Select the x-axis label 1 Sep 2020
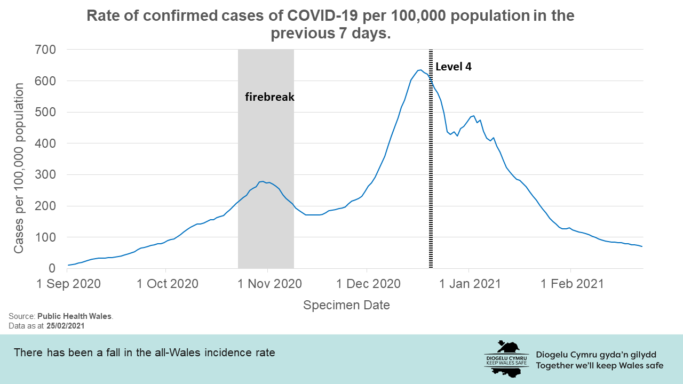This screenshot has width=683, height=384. (x=68, y=283)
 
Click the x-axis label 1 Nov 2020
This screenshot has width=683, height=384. (x=268, y=283)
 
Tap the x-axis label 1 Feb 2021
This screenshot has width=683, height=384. (x=571, y=283)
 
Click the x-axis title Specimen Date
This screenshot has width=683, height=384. (x=346, y=305)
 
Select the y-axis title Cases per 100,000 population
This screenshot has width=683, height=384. (x=19, y=168)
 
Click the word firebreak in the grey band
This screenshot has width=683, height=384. (x=269, y=97)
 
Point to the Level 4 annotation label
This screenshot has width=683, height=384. (x=454, y=67)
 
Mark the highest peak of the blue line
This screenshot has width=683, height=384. (x=420, y=70)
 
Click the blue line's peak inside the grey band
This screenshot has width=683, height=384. (x=263, y=181)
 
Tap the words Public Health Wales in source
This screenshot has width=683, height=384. (x=75, y=316)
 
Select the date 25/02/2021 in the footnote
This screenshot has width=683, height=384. (x=65, y=325)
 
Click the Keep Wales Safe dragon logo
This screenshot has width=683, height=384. (x=506, y=358)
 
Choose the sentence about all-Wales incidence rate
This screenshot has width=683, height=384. (x=144, y=353)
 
